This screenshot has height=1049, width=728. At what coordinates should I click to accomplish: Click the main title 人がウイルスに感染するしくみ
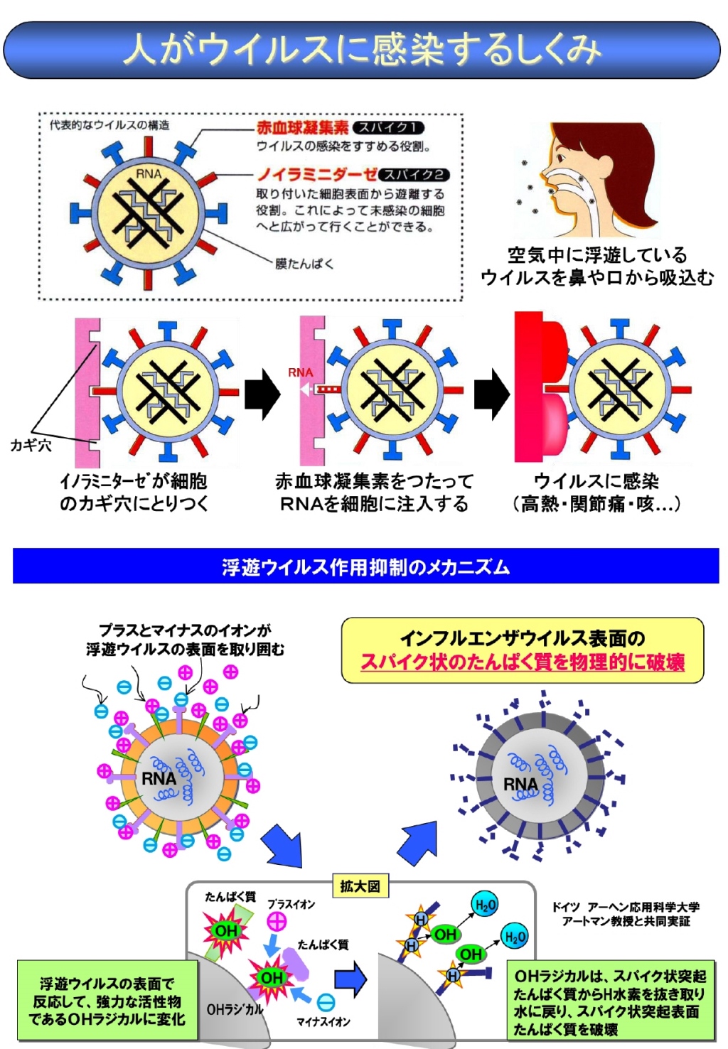pos(362,49)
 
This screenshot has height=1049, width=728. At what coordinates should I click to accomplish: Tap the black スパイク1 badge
pos(387,127)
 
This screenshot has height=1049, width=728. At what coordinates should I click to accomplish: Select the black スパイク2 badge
pos(414,175)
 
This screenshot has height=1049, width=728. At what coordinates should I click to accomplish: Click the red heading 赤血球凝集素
pos(303,127)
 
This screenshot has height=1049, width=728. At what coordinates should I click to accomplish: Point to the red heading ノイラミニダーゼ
pos(316,175)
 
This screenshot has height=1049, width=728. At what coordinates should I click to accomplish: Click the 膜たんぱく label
pos(304,264)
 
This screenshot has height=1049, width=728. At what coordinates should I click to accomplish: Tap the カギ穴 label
pos(31,445)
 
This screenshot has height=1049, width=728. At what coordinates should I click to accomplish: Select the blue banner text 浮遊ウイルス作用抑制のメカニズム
pos(365,567)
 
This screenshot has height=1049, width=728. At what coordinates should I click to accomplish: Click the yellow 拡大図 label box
pos(360,886)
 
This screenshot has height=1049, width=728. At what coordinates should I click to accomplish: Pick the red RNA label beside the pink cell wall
pos(300,373)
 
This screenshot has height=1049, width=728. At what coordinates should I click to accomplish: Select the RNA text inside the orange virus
pos(159,779)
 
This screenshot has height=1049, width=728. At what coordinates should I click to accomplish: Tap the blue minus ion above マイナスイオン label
pos(326,1003)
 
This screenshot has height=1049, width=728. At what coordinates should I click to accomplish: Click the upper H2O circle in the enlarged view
pos(485,905)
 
